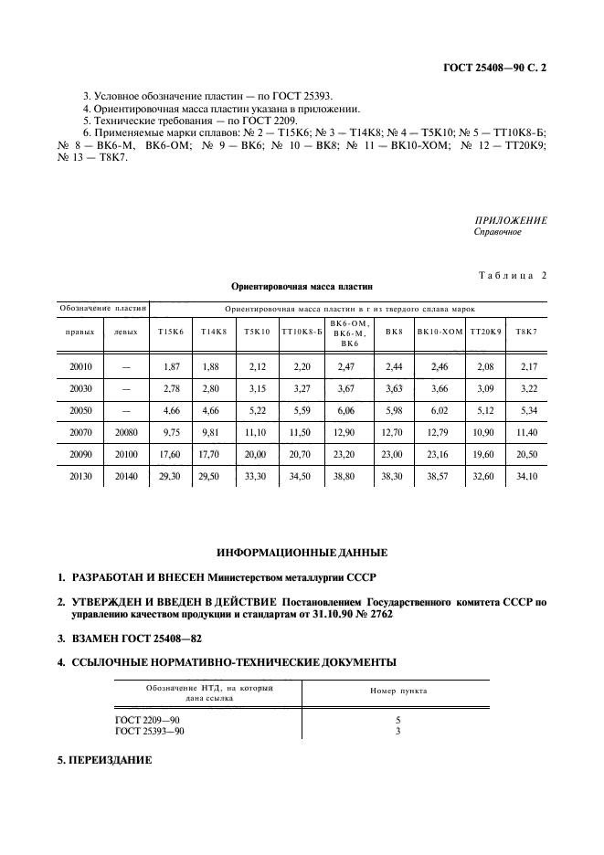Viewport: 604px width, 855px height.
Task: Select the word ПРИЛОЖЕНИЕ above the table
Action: [x=511, y=220]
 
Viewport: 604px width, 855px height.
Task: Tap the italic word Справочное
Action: [x=497, y=232]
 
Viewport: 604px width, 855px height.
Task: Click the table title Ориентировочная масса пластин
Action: [x=302, y=286]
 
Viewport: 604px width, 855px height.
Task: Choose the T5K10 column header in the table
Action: [x=257, y=332]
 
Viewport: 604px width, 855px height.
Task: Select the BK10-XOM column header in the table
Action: [x=440, y=332]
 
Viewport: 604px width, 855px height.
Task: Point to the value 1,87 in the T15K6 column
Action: [x=170, y=366]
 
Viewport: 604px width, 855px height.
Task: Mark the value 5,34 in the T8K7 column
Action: [x=526, y=410]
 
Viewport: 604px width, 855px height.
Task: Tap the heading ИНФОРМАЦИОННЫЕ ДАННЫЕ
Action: [x=302, y=553]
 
